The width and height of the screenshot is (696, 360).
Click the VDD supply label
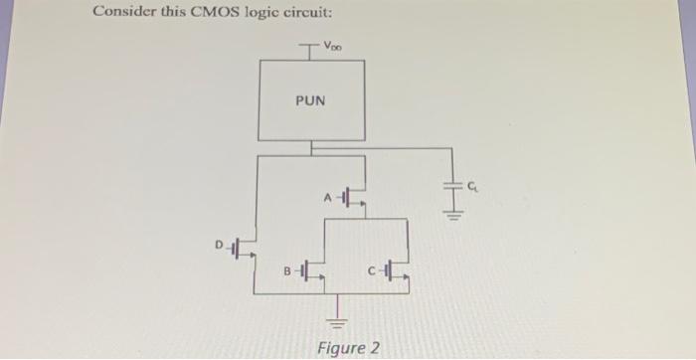tap(333, 46)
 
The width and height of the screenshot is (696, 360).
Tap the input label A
tap(328, 197)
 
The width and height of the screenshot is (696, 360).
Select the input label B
tap(287, 269)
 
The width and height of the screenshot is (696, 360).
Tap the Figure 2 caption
tap(347, 346)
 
